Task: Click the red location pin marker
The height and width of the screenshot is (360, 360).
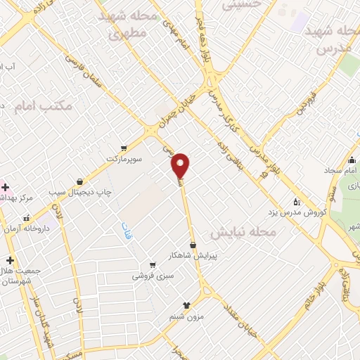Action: [181, 165]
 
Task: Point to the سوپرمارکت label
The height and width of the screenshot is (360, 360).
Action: [125, 159]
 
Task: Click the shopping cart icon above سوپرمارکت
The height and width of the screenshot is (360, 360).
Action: [124, 148]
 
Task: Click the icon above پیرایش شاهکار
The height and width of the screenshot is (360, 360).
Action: [202, 244]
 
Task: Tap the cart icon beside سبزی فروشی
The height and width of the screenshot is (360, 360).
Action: [152, 265]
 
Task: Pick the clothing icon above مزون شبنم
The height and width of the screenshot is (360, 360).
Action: [186, 304]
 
